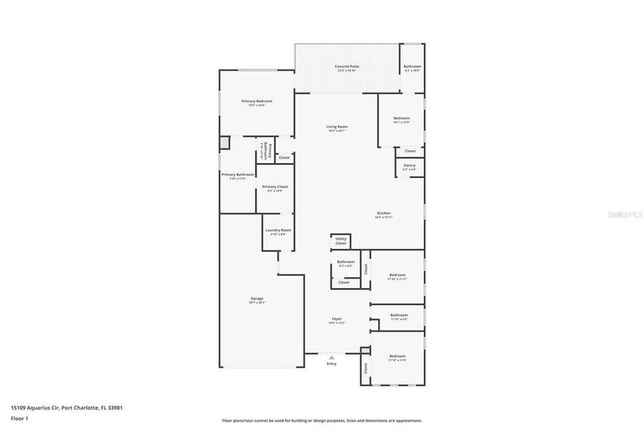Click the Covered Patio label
coord(347,66)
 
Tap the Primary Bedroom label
coord(257,102)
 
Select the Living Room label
coord(337,127)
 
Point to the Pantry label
coord(409,165)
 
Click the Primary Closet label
coord(275,187)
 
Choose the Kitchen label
coord(384,214)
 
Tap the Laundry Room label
coord(277,230)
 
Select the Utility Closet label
coord(341,241)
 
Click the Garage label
coord(257,299)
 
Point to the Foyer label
coord(336,319)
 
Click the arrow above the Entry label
coord(331,357)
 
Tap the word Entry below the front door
coord(331,364)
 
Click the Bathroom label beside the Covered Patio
coord(412,66)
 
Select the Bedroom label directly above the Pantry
coord(401,119)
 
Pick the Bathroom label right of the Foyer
coord(399,315)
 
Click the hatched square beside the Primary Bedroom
coord(224,142)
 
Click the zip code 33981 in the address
coord(116,408)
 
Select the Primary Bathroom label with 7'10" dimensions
coord(237,175)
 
